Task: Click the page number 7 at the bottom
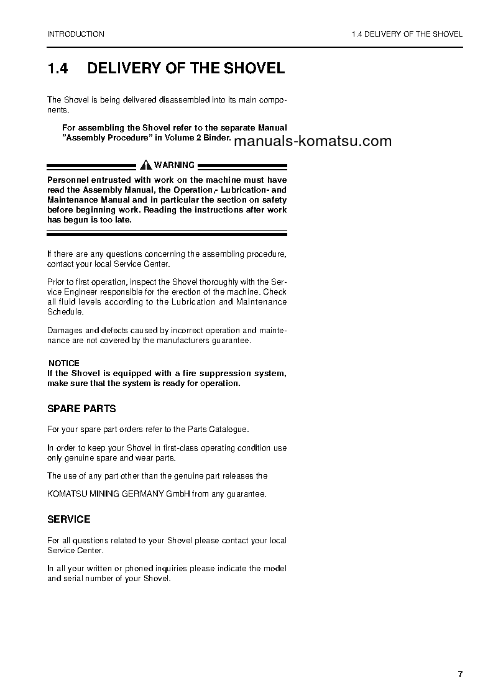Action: point(460,674)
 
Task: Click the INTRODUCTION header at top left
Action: point(76,34)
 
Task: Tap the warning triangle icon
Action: point(146,165)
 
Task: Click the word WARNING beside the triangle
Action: point(174,165)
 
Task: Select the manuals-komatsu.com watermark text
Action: point(314,141)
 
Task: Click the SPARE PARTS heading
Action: point(81,409)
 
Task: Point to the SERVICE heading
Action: point(69,519)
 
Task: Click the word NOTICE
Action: point(64,363)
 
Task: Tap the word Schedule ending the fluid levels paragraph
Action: point(65,311)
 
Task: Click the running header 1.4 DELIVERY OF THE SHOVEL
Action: point(407,34)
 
